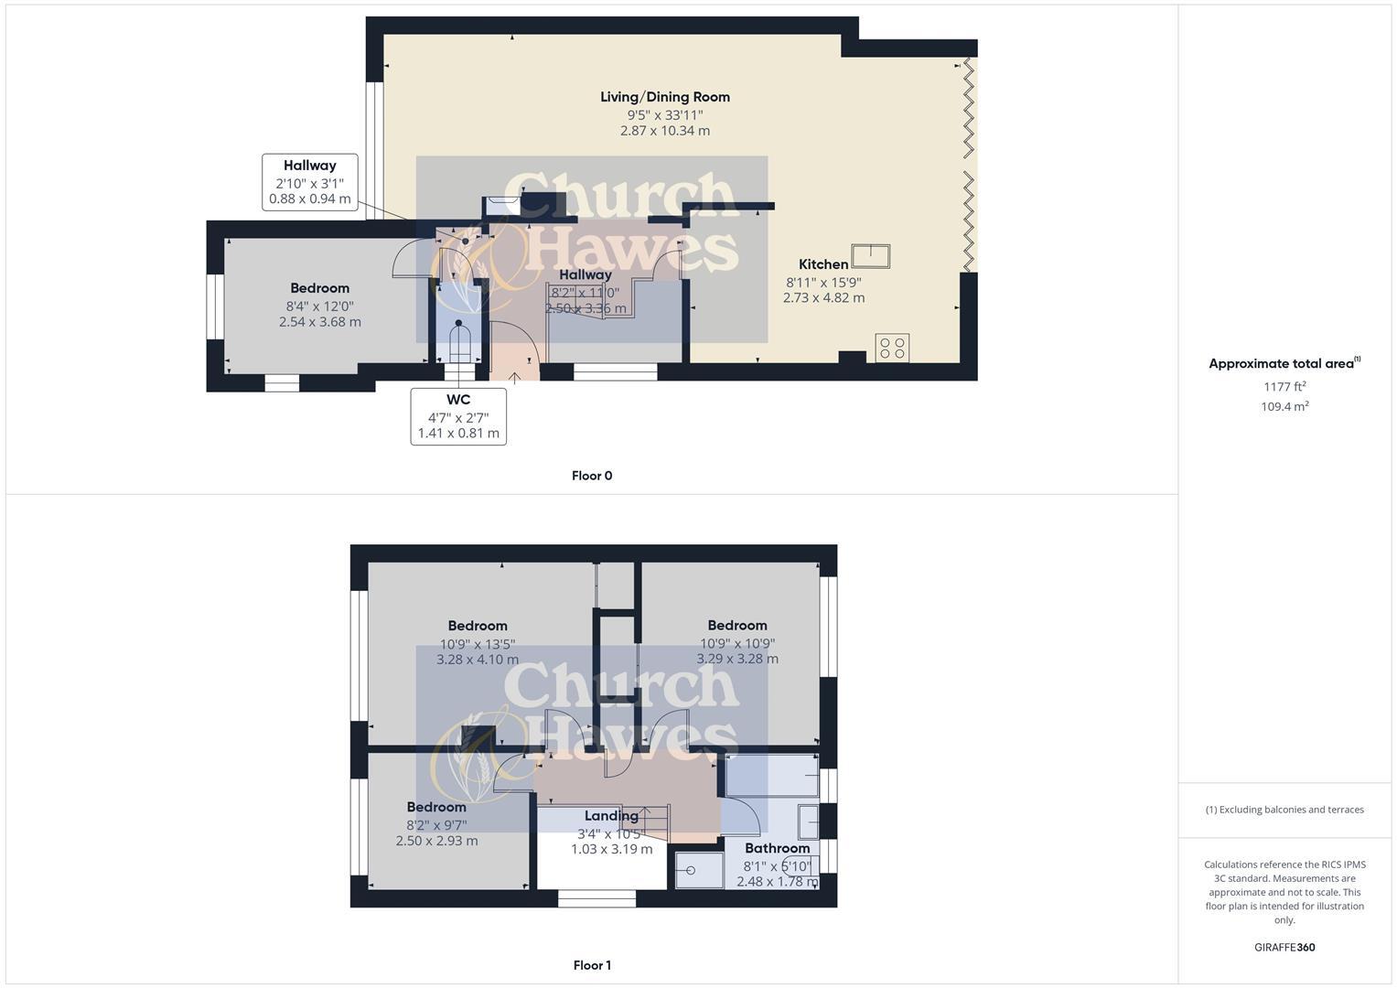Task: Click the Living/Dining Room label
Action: point(664,97)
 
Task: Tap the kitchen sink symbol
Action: point(870,256)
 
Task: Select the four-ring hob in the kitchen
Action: point(892,348)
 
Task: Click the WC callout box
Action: point(458,416)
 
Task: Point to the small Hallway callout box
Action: point(309,182)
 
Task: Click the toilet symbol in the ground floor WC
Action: point(459,342)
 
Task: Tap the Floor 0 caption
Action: point(591,476)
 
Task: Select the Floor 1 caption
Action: point(591,965)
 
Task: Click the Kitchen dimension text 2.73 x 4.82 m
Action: point(823,297)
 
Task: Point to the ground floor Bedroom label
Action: point(319,288)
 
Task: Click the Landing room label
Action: point(611,816)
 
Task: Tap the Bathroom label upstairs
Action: point(777,848)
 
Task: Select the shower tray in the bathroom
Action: point(699,870)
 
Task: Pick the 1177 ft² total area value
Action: point(1284,387)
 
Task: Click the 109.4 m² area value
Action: point(1284,407)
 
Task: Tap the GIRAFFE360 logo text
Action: point(1284,947)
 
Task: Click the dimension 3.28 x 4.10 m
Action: point(478,660)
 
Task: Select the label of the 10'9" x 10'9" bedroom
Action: point(736,626)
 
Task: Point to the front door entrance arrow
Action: point(514,376)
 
